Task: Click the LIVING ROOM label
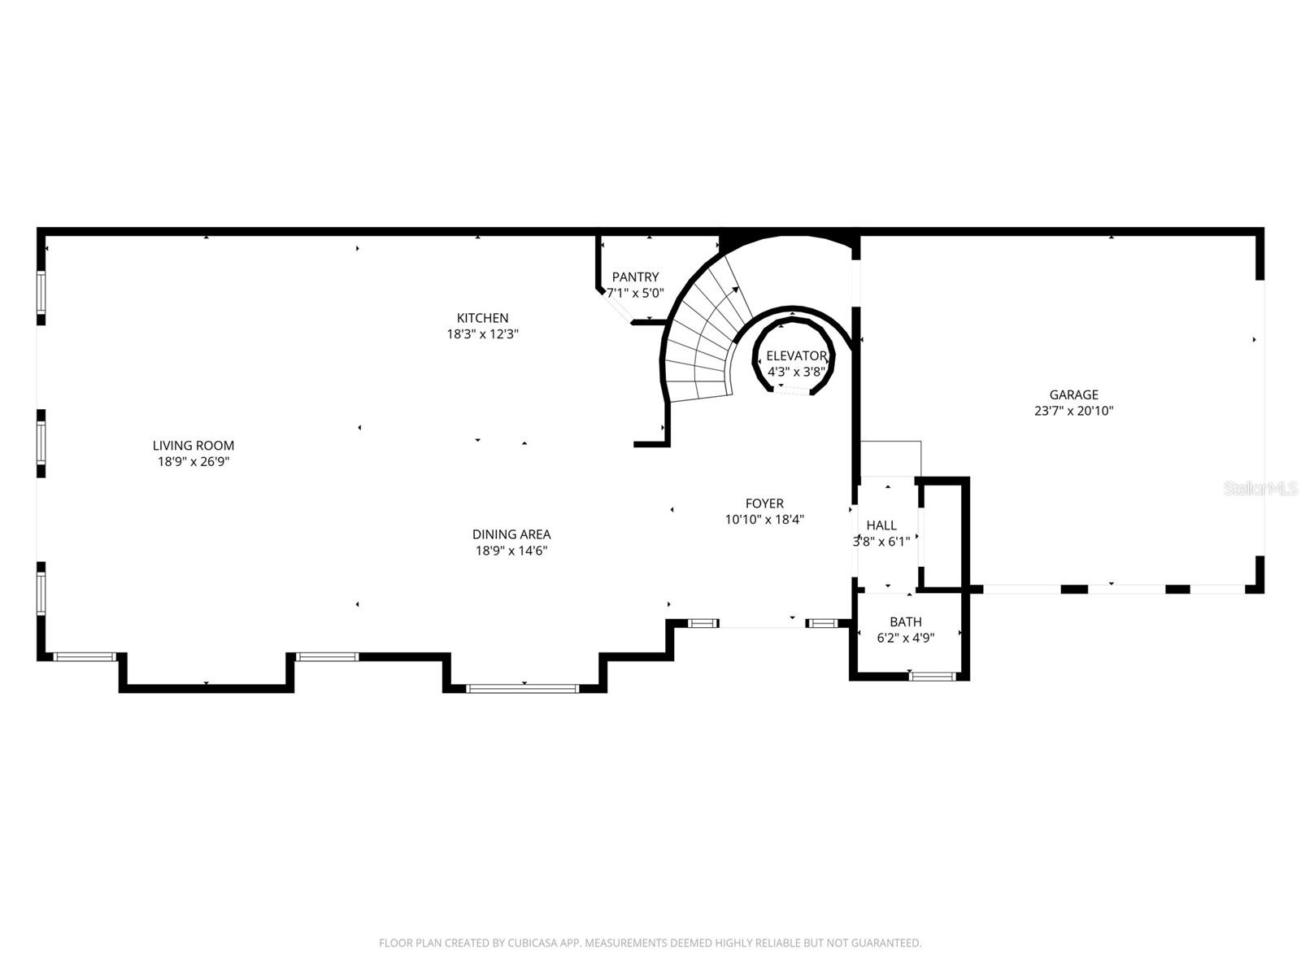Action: [x=194, y=446]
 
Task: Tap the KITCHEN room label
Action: [x=482, y=318]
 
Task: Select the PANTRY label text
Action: [x=635, y=277]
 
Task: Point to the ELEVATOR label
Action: [x=796, y=356]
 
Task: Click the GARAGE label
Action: [x=1073, y=395]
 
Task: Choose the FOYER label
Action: [x=764, y=503]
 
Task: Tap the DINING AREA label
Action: [x=511, y=534]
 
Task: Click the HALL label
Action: [x=881, y=525]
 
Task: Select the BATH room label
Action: [x=905, y=622]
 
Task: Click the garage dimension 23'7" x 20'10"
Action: [x=1073, y=412]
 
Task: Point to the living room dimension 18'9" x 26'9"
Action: [x=194, y=462]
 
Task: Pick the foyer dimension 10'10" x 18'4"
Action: [x=764, y=520]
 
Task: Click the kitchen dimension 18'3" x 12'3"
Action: [x=482, y=334]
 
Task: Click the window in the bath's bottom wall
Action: [x=932, y=676]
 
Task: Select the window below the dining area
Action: [x=522, y=689]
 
